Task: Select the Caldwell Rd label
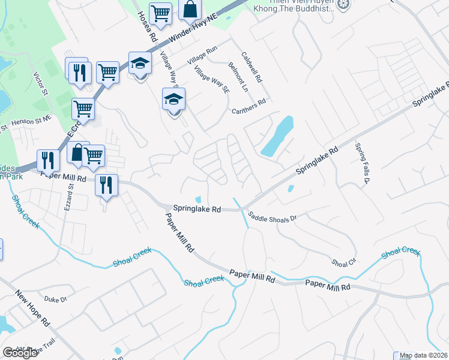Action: [x=252, y=67]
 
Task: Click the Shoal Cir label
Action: [x=344, y=262]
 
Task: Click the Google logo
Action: [x=20, y=353]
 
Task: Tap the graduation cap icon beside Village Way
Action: [x=173, y=99]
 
